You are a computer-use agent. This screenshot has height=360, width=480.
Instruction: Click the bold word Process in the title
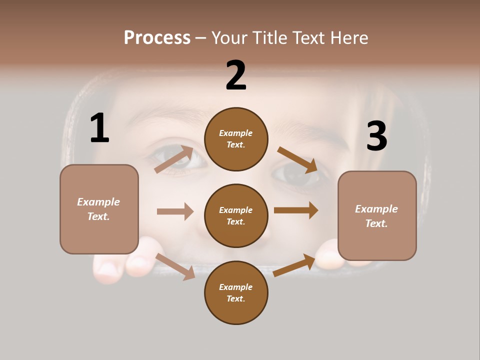[157, 38]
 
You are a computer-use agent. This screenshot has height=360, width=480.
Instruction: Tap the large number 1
[99, 128]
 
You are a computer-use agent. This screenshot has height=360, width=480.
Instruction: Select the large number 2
[236, 75]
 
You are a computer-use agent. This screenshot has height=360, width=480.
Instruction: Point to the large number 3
[377, 136]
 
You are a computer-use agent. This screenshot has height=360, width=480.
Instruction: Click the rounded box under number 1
[99, 209]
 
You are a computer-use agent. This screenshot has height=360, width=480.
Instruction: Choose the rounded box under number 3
[377, 216]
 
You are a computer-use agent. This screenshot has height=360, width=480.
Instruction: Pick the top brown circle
[236, 139]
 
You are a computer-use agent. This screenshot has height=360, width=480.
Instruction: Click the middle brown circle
[236, 215]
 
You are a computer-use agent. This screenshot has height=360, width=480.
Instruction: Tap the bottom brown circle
[236, 292]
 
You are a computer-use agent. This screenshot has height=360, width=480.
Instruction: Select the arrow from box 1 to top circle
[174, 159]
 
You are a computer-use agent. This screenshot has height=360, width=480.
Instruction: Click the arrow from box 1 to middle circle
[175, 211]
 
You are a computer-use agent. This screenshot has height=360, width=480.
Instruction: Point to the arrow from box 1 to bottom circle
[175, 266]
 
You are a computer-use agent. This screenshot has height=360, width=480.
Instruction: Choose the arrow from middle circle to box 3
[296, 210]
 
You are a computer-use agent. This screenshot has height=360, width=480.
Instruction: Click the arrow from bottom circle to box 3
[294, 265]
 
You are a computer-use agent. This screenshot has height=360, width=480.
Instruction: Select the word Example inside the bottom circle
[235, 287]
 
